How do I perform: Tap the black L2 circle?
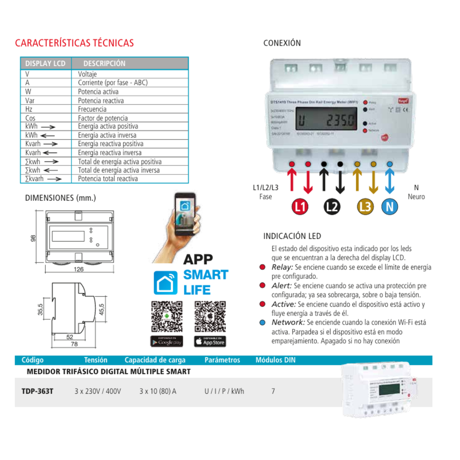(x=332, y=207)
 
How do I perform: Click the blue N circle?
(x=389, y=207)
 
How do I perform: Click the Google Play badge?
(x=166, y=341)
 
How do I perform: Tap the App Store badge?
(x=210, y=341)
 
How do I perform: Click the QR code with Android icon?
(x=166, y=317)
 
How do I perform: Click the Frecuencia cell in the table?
(x=92, y=109)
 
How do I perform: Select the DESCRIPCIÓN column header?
(x=104, y=63)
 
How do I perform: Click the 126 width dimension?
(x=79, y=270)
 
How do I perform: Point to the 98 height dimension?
(x=33, y=238)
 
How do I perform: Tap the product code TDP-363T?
(x=37, y=391)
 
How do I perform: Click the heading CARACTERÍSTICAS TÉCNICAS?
(x=75, y=43)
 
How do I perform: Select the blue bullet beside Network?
(x=262, y=323)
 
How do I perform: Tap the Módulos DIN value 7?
(x=273, y=391)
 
